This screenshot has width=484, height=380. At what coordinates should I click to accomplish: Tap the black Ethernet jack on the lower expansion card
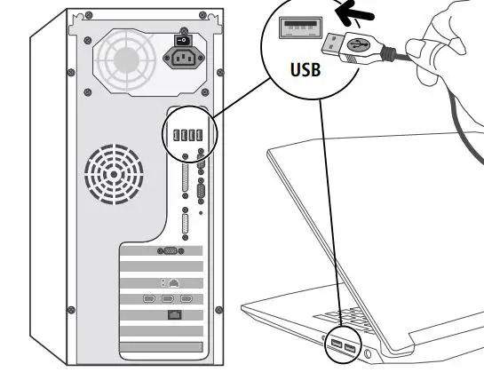(x=172, y=314)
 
